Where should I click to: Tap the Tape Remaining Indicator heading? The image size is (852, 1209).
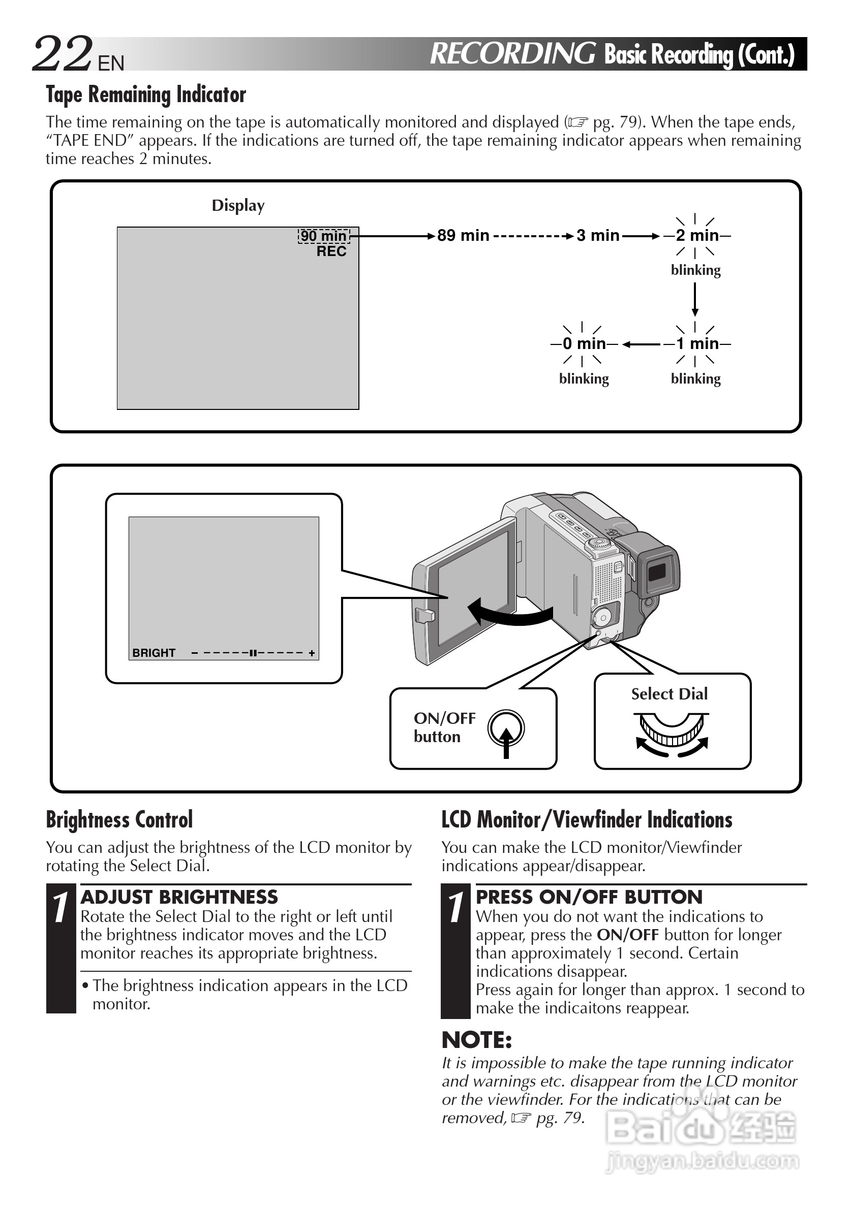pos(146,95)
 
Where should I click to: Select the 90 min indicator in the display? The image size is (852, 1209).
pos(323,236)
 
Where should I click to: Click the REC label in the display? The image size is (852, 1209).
pos(331,251)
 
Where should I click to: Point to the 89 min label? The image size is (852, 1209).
pos(463,235)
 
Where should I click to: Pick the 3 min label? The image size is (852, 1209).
pos(597,235)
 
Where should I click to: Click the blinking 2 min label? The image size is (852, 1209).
pos(697,235)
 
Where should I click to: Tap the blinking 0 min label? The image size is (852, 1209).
pos(584,344)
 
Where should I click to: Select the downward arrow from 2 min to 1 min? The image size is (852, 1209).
pos(695,300)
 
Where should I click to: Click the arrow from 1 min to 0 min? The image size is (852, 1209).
pos(641,344)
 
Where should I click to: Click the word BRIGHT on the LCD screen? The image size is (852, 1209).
pos(154,653)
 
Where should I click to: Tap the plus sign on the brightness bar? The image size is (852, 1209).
pos(312,653)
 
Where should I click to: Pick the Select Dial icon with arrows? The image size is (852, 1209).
pos(672,734)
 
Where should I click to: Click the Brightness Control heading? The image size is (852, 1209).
pos(119,820)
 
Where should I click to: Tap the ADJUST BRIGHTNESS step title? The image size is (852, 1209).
pos(179,897)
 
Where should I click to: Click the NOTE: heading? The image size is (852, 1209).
pos(477,1040)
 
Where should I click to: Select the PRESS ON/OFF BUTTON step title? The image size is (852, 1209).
pos(589,897)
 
